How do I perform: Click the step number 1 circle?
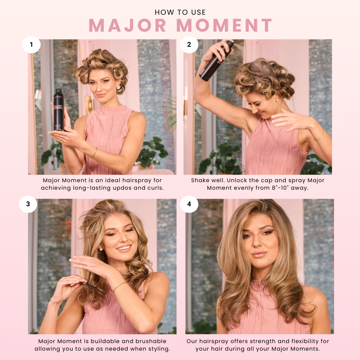(31, 45)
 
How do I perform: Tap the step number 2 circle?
(189, 45)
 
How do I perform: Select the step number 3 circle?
(28, 204)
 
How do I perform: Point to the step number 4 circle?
(189, 204)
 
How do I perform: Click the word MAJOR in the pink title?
(128, 25)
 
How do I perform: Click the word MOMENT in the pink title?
(224, 25)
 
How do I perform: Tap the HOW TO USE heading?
(180, 12)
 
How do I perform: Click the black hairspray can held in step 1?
(59, 110)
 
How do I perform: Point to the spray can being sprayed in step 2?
(216, 61)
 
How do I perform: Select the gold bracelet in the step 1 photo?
(94, 153)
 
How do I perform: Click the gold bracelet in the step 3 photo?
(120, 287)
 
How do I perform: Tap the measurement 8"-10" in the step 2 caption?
(280, 188)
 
